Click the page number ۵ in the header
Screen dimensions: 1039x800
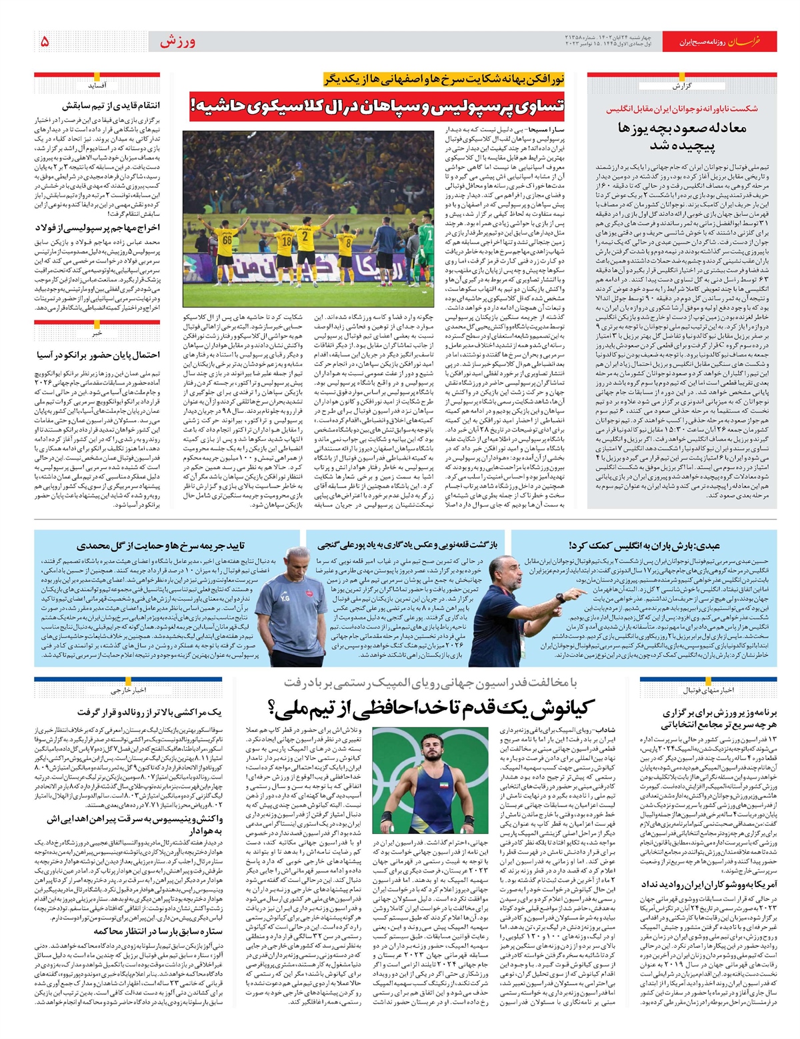(45, 41)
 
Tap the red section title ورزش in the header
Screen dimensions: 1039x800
(177, 41)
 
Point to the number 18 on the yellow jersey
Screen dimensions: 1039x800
(285, 242)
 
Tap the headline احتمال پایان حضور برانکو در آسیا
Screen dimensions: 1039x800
(97, 355)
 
